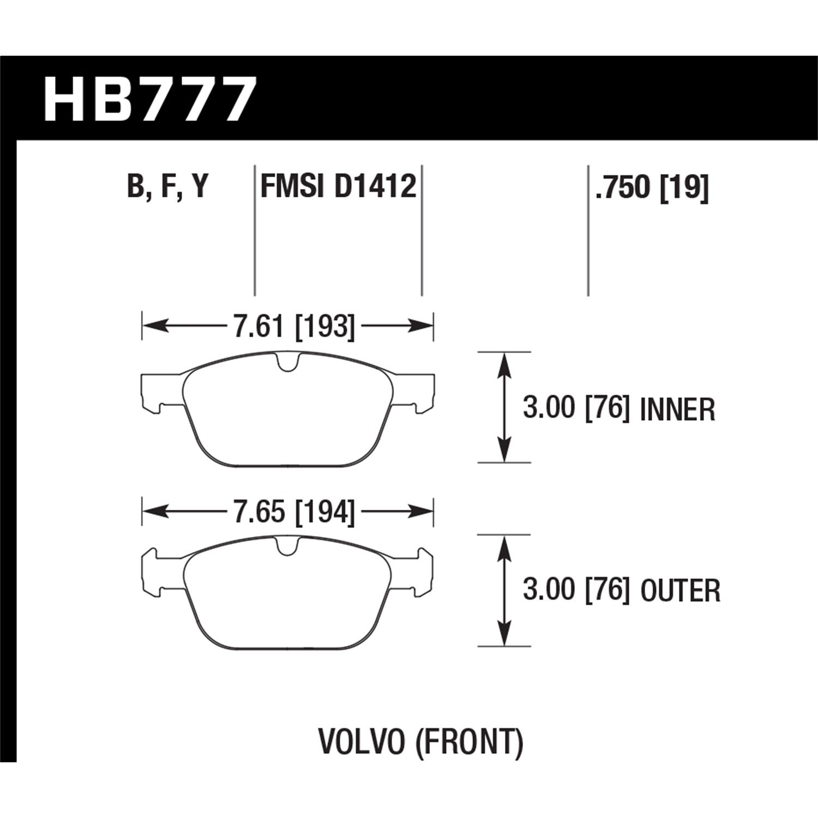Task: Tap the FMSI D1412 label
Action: tap(338, 187)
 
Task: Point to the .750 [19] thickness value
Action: tap(651, 188)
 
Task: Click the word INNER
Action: tap(677, 410)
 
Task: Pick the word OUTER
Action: tap(681, 591)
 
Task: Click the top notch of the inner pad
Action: tap(287, 363)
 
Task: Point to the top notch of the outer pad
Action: tap(287, 545)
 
